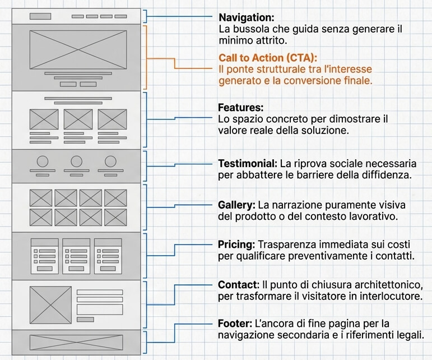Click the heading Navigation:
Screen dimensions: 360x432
[246, 17]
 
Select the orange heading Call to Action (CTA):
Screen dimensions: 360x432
[267, 58]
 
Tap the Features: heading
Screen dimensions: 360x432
[240, 108]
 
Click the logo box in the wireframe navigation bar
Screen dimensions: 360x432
[40, 16]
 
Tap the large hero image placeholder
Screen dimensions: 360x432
[78, 49]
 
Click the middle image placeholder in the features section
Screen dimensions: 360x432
[78, 119]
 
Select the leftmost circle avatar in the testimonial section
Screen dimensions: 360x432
[43, 161]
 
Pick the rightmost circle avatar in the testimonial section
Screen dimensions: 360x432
[110, 161]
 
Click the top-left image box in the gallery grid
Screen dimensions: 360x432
[40, 197]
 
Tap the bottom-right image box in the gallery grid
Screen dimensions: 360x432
[115, 216]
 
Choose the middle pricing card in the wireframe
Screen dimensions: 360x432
[76, 256]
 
